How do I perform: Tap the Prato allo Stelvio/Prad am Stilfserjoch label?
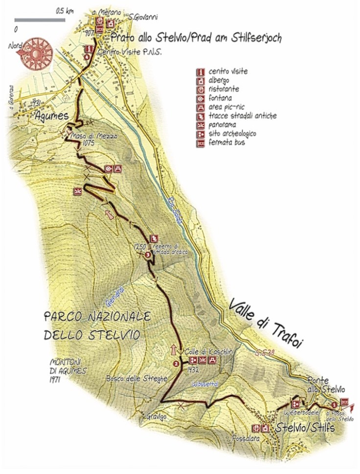click(x=196, y=37)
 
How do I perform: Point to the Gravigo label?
click(x=156, y=416)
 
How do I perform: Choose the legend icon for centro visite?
click(x=200, y=71)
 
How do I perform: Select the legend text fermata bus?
click(x=226, y=143)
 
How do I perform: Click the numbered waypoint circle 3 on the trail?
click(x=148, y=255)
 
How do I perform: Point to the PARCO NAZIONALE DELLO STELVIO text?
click(x=96, y=326)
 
